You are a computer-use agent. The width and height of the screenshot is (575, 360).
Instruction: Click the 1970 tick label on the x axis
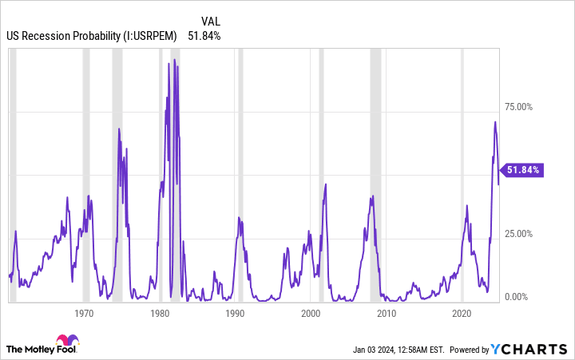coord(85,314)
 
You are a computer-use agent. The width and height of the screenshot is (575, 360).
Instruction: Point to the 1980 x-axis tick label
coord(160,314)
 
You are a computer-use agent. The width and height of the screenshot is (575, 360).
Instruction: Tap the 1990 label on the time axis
coord(235,314)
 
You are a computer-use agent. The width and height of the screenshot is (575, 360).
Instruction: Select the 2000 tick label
coord(311,314)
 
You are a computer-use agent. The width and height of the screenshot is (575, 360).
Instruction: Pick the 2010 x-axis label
coord(387,314)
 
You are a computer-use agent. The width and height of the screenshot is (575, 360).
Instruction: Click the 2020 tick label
coord(462,314)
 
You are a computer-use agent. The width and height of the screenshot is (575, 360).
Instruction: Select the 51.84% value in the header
coord(204,35)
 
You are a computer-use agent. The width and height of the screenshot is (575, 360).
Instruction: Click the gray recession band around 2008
coord(375,160)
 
